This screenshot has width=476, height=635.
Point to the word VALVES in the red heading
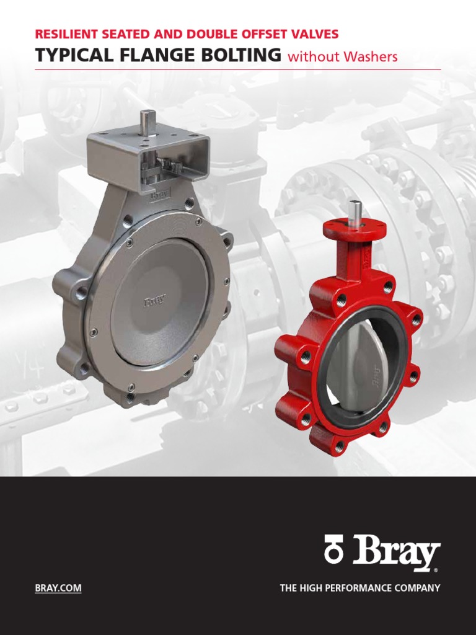(x=313, y=35)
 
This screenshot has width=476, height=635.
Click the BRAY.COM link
(x=58, y=588)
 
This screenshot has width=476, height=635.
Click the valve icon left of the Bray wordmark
(x=334, y=551)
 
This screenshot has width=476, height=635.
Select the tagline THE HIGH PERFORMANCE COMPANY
(x=360, y=588)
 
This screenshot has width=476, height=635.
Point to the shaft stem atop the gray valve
(x=147, y=122)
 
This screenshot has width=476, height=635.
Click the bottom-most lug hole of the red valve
(x=339, y=445)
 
